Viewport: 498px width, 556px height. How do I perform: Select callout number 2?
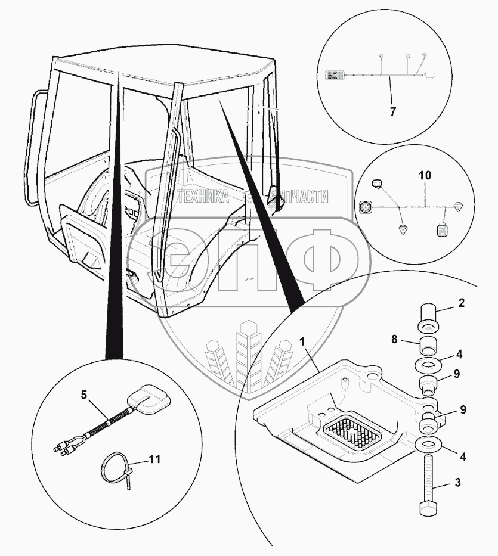click(460, 303)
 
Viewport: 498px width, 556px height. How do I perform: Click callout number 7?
click(392, 111)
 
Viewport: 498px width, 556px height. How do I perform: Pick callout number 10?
click(424, 176)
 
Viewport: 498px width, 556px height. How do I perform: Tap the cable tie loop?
click(113, 466)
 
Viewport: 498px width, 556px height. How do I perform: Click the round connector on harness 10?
click(366, 207)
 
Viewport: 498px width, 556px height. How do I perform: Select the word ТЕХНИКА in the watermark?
click(203, 197)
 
